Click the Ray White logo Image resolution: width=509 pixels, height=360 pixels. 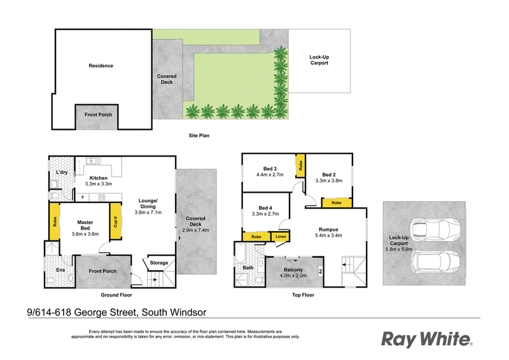coord(426,339)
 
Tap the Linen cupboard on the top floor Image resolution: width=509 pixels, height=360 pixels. coord(281,237)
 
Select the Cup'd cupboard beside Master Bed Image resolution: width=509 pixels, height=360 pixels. coord(115,221)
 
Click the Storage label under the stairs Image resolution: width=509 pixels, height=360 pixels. coord(158,263)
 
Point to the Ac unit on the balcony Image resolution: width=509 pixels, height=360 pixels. coord(321,270)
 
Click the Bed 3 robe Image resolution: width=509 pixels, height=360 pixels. coord(300,165)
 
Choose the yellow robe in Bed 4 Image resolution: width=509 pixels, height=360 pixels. coord(256,237)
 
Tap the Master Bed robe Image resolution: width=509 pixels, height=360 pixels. coord(55,221)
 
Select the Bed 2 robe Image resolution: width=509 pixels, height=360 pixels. coord(337,203)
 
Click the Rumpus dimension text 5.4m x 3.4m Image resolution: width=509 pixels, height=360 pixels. coord(328,235)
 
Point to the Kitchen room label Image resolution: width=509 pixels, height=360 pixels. coord(99,178)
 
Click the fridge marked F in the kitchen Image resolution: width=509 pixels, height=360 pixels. coord(83,197)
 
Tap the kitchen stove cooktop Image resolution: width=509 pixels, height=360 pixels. coord(102,197)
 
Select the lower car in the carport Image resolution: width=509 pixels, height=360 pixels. coord(435,261)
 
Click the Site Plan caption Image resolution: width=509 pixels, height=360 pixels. coord(199,135)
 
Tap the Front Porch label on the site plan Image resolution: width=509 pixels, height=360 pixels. coord(99,114)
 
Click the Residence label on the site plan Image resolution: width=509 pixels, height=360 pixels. coord(101,66)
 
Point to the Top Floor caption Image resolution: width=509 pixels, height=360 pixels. coord(303,295)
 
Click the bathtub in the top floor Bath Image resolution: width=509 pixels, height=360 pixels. coord(239,253)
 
